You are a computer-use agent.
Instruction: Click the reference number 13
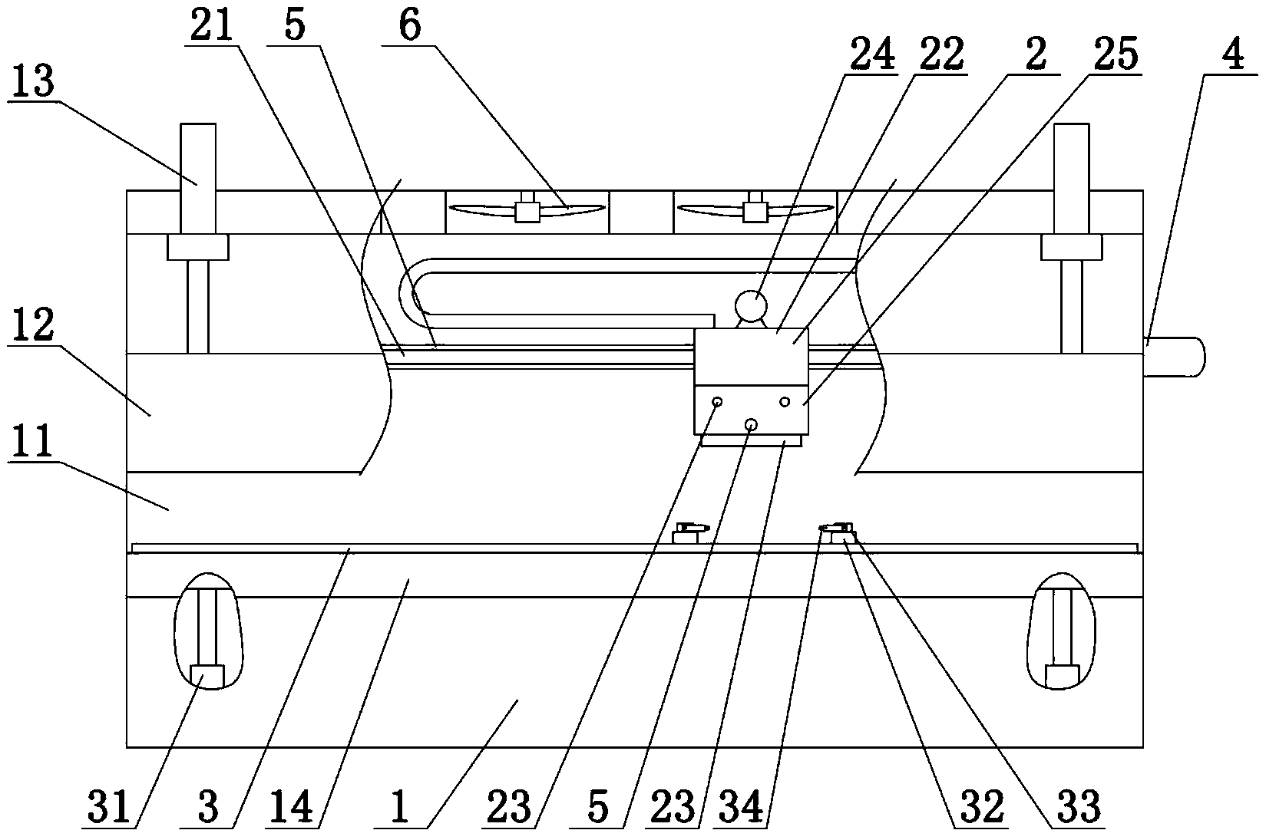[33, 81]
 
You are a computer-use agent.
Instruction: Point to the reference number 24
[871, 54]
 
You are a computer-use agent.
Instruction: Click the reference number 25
[1116, 54]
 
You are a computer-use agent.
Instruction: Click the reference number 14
[294, 808]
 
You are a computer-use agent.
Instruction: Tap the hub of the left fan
[527, 211]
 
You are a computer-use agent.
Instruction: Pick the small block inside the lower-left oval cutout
[206, 676]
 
